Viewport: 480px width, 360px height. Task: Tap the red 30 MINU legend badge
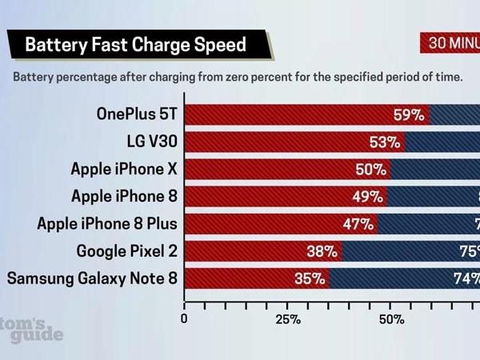click(x=450, y=43)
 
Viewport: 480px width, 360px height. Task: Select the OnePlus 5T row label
click(x=137, y=114)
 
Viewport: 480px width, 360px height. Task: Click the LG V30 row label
click(x=152, y=142)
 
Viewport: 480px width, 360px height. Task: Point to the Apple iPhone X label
click(x=124, y=169)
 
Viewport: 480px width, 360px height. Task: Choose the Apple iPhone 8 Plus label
click(x=107, y=223)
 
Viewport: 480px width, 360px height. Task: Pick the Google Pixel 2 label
click(x=127, y=251)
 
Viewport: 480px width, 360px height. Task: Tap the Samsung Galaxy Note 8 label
click(x=92, y=278)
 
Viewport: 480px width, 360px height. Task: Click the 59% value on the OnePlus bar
click(x=408, y=115)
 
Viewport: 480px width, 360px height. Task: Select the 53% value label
click(x=384, y=142)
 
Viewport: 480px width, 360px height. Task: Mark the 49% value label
click(x=367, y=197)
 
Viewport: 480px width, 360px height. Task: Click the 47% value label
click(x=358, y=224)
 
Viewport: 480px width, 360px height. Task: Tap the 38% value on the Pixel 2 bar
click(x=321, y=251)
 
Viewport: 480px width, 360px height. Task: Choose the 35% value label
click(x=309, y=278)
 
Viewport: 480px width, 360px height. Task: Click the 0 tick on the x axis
click(x=185, y=319)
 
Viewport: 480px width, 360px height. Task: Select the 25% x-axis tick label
click(x=288, y=319)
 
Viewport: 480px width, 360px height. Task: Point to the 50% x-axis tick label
click(x=390, y=319)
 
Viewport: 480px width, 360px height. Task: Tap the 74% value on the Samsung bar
click(x=466, y=278)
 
